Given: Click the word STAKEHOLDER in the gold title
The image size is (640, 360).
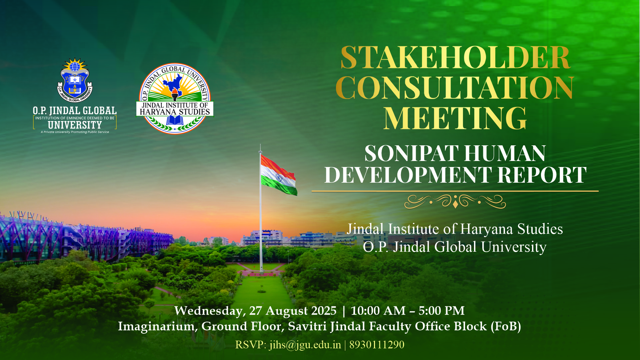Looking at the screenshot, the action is [455, 57].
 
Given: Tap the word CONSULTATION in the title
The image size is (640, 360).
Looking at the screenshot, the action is [455, 88].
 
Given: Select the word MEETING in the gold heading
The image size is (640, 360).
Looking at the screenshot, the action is [455, 118].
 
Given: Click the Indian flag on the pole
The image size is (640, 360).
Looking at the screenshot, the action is [279, 175].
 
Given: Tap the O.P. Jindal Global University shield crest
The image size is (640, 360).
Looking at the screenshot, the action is [75, 80].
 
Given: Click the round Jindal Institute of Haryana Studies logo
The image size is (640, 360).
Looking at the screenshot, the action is [175, 99].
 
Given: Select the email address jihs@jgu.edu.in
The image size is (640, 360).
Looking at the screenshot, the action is [305, 345].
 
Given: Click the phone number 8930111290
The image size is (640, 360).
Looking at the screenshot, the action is [377, 345].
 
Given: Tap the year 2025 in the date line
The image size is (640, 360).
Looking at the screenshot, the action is [324, 311].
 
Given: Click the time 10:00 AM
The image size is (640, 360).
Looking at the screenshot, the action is [378, 311].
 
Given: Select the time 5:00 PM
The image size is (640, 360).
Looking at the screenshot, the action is [442, 311].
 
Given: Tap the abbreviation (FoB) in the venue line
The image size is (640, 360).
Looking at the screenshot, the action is [506, 326].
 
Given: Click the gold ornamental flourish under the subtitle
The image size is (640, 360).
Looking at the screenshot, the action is [455, 201].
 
